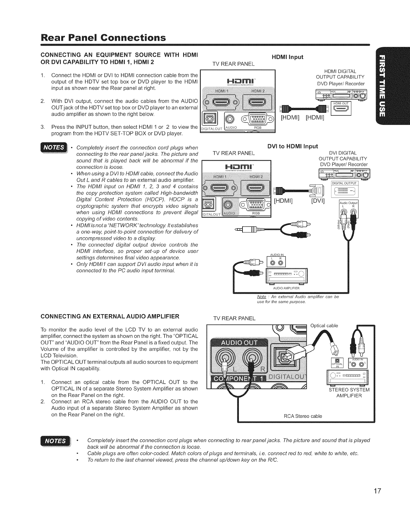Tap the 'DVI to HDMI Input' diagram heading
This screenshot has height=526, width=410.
[x=292, y=146]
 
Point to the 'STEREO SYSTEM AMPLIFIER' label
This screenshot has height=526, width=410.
[x=349, y=393]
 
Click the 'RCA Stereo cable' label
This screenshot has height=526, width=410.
[x=303, y=416]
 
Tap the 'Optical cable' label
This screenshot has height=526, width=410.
[x=324, y=326]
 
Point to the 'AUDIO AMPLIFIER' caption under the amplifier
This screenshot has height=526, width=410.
[x=286, y=288]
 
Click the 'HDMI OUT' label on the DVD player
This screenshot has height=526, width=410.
[x=341, y=104]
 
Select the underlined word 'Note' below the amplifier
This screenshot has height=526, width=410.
[x=261, y=297]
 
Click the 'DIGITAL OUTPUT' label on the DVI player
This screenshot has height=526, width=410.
[x=344, y=183]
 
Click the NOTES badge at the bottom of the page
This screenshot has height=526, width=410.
[x=55, y=441]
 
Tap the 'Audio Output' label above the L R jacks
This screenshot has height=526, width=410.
[x=348, y=203]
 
